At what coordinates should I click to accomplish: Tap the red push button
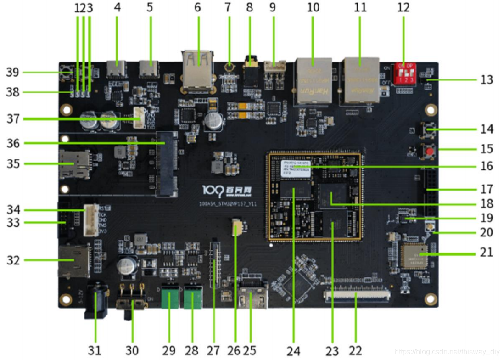430,151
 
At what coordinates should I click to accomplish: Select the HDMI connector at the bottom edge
252,299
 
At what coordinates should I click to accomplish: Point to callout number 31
94,350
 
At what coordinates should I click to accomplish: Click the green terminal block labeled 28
193,298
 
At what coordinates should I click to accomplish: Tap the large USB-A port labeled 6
198,69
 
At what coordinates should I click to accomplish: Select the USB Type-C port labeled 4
117,69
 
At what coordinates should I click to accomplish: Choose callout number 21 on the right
485,252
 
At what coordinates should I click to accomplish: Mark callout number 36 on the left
14,143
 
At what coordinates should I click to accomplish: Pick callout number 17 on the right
486,189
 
